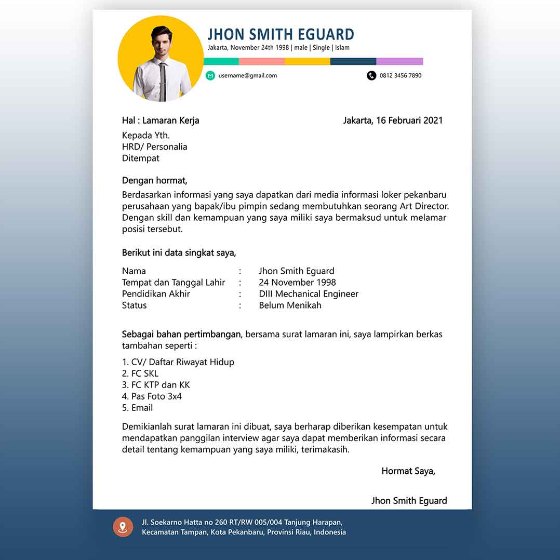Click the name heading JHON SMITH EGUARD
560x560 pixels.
pyautogui.click(x=281, y=34)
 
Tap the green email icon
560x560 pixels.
pyautogui.click(x=210, y=76)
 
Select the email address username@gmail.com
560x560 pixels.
pyautogui.click(x=248, y=76)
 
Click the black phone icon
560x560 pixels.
pyautogui.click(x=371, y=76)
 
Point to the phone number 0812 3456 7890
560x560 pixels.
pyautogui.click(x=401, y=76)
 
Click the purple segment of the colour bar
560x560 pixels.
pyautogui.click(x=399, y=61)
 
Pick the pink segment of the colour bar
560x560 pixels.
pyautogui.click(x=262, y=61)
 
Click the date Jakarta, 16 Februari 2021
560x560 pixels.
pyautogui.click(x=393, y=121)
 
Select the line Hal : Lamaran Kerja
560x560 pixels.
pyautogui.click(x=161, y=121)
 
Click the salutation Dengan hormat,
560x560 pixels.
pyautogui.click(x=154, y=181)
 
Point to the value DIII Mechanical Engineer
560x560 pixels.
pyautogui.click(x=309, y=294)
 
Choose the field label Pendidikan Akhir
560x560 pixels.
pyautogui.click(x=156, y=294)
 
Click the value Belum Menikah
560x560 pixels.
pyautogui.click(x=290, y=305)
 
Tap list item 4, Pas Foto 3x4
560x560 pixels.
pyautogui.click(x=152, y=396)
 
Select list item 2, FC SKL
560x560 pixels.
pyautogui.click(x=140, y=374)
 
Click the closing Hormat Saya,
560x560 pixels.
pyautogui.click(x=408, y=471)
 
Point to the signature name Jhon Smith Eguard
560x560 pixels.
pyautogui.click(x=409, y=501)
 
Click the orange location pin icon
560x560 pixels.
pyautogui.click(x=123, y=527)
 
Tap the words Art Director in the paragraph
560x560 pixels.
pyautogui.click(x=424, y=206)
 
